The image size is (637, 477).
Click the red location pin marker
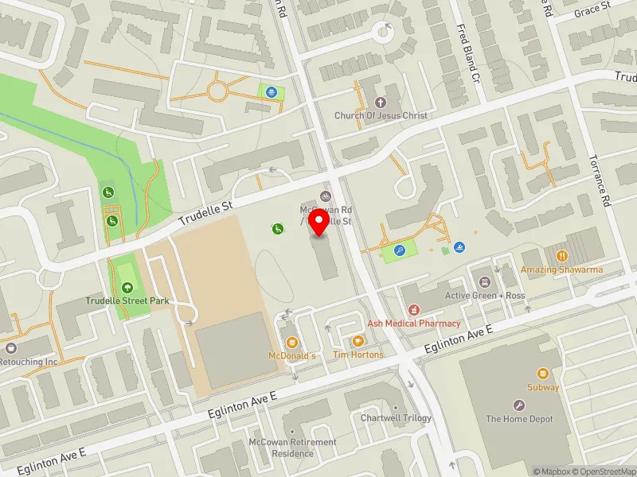pyautogui.click(x=320, y=223)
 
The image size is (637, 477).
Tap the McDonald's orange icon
pyautogui.click(x=292, y=342)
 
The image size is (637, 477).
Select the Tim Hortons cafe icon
pyautogui.click(x=358, y=341)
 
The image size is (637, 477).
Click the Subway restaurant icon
pyautogui.click(x=543, y=374)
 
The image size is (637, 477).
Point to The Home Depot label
pyautogui.click(x=519, y=419)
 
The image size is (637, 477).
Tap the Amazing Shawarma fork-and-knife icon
pyautogui.click(x=561, y=256)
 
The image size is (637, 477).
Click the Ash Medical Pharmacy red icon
pyautogui.click(x=413, y=310)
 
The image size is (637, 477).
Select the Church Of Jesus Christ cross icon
pyautogui.click(x=381, y=102)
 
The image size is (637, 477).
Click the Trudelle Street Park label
pyautogui.click(x=128, y=301)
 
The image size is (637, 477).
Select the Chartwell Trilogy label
pyautogui.click(x=396, y=418)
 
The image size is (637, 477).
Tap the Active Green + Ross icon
pyautogui.click(x=484, y=282)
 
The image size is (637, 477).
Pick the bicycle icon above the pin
pyautogui.click(x=324, y=196)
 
